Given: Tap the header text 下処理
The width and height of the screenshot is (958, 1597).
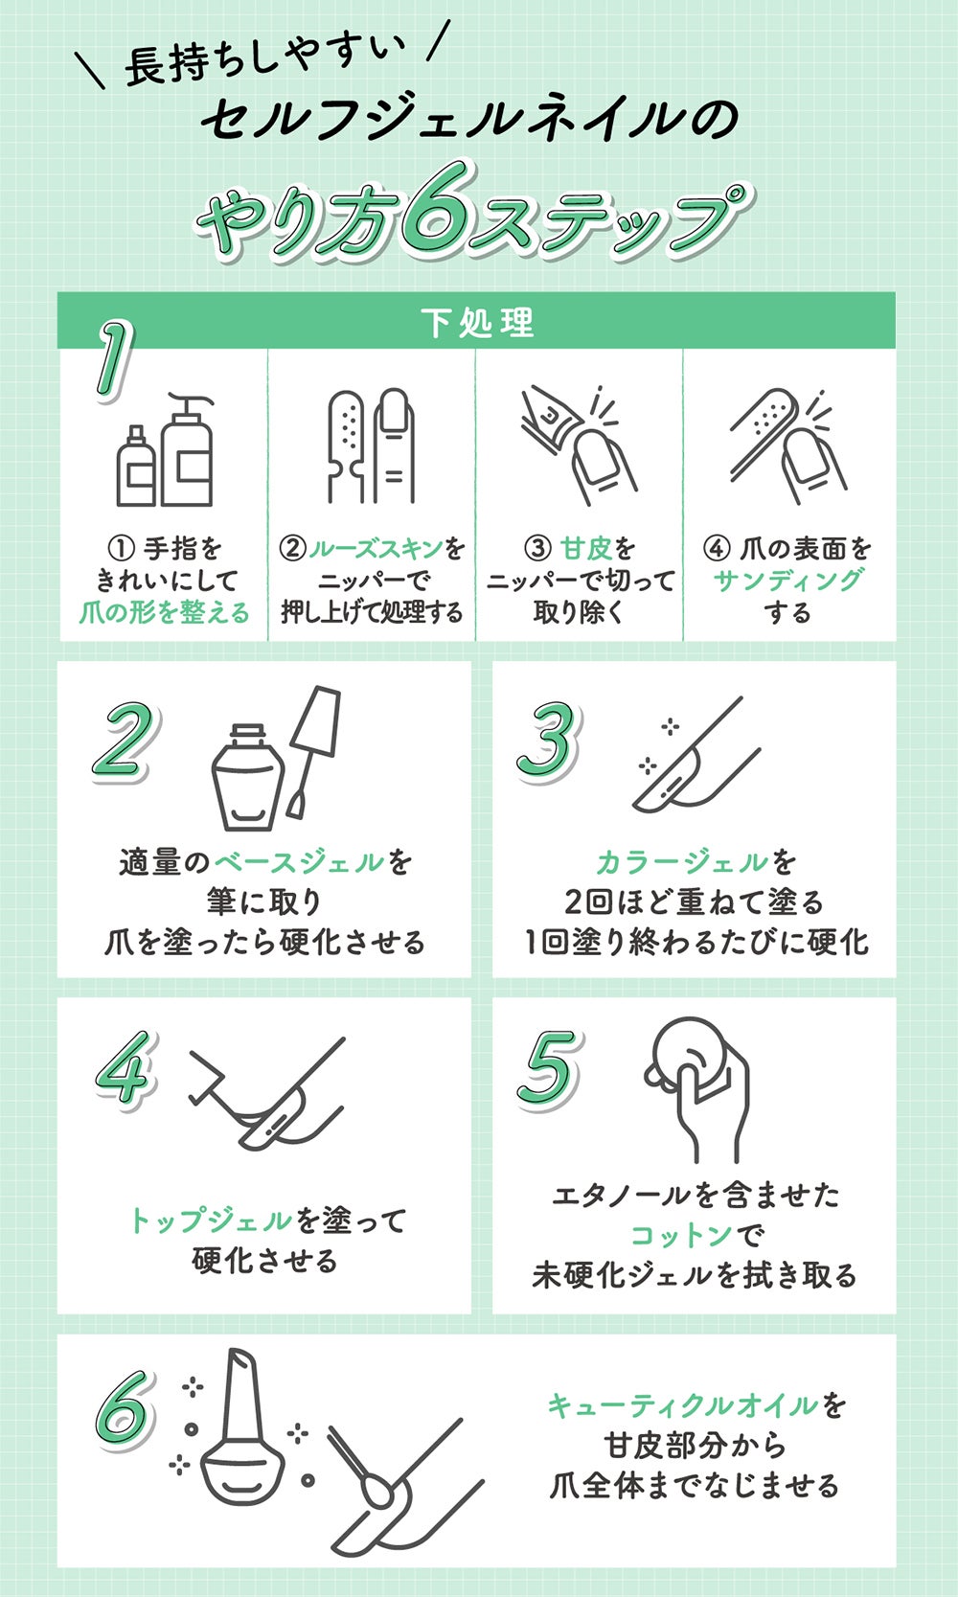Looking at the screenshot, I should click(x=477, y=322).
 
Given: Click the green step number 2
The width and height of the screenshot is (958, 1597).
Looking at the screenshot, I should click(x=122, y=741).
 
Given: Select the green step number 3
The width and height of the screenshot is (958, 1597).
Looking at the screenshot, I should click(x=549, y=740).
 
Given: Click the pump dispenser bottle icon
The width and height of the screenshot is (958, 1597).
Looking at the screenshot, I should click(x=187, y=450).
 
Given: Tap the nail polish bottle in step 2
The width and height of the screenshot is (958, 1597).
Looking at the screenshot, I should click(x=248, y=778).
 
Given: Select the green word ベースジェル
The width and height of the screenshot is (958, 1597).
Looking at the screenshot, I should click(x=298, y=862).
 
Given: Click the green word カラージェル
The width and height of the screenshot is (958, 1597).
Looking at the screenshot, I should click(x=681, y=862).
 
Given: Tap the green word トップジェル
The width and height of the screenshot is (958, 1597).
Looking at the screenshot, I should click(x=210, y=1221).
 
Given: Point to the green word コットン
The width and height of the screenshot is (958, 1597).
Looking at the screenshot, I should click(x=681, y=1236).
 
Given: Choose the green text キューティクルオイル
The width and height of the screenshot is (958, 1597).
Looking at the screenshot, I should click(x=683, y=1405).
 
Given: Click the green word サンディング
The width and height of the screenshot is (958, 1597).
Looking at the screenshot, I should click(x=787, y=581).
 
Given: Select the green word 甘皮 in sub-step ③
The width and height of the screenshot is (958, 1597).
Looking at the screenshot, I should click(x=585, y=549).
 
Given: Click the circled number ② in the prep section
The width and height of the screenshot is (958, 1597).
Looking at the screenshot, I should click(x=292, y=549).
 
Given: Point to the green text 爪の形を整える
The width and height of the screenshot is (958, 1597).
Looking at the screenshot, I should click(x=165, y=612).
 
